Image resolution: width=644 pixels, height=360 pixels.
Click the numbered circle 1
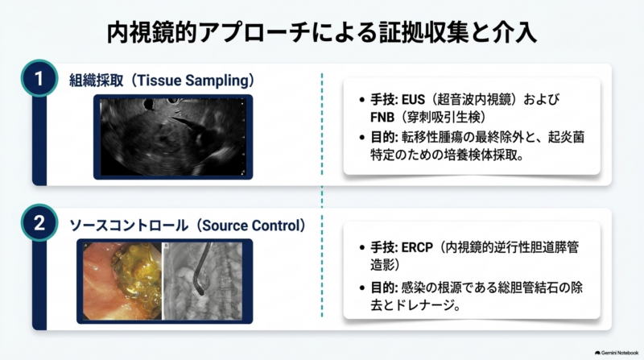pyautogui.click(x=39, y=78)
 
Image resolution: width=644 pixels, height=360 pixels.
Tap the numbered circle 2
pyautogui.click(x=39, y=223)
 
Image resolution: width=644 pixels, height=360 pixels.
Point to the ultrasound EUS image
pyautogui.click(x=173, y=137)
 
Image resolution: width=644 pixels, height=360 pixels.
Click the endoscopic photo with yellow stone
pyautogui.click(x=122, y=281)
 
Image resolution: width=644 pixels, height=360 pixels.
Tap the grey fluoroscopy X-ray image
pyautogui.click(x=203, y=281)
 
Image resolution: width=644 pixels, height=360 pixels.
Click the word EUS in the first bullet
pyautogui.click(x=413, y=99)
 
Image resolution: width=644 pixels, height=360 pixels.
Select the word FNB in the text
pyautogui.click(x=382, y=118)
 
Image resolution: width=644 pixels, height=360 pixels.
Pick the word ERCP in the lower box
pyautogui.click(x=417, y=248)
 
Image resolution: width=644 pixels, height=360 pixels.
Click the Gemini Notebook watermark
pyautogui.click(x=617, y=353)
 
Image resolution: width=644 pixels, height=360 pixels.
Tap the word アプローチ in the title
pyautogui.click(x=254, y=33)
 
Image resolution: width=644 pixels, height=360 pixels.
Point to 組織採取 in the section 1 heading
pyautogui.click(x=96, y=81)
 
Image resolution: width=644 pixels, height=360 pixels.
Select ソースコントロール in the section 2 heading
pyautogui.click(x=129, y=226)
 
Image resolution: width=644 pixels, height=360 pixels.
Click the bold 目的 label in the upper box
pyautogui.click(x=382, y=137)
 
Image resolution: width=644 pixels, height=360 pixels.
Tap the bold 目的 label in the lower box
pyautogui.click(x=382, y=288)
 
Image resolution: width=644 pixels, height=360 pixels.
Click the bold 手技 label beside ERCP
pyautogui.click(x=382, y=248)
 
